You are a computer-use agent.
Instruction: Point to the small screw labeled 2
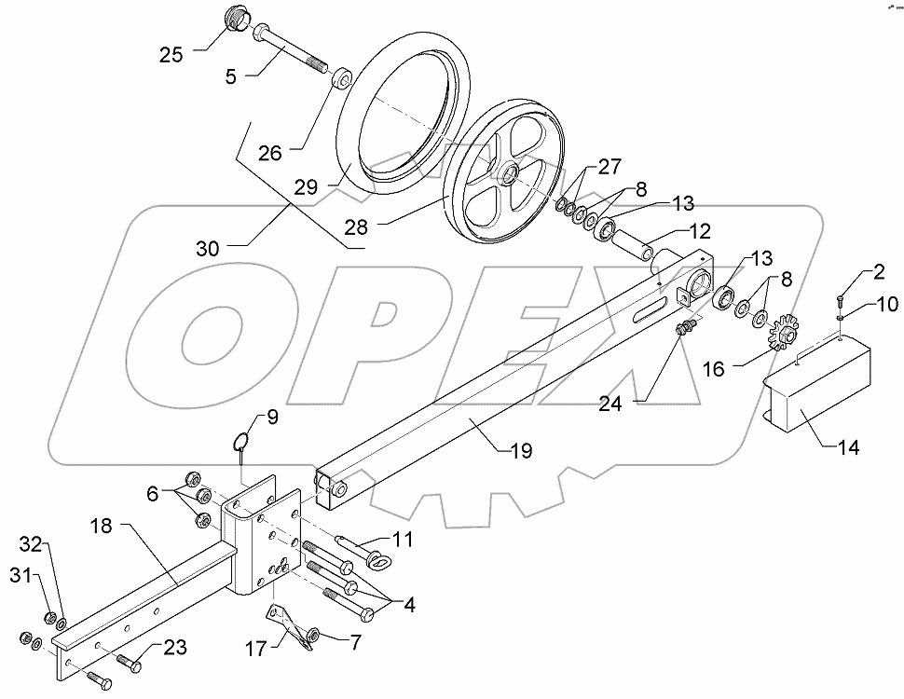click(840, 300)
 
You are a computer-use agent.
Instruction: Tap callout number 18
click(101, 526)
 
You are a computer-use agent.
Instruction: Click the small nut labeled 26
click(341, 77)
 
